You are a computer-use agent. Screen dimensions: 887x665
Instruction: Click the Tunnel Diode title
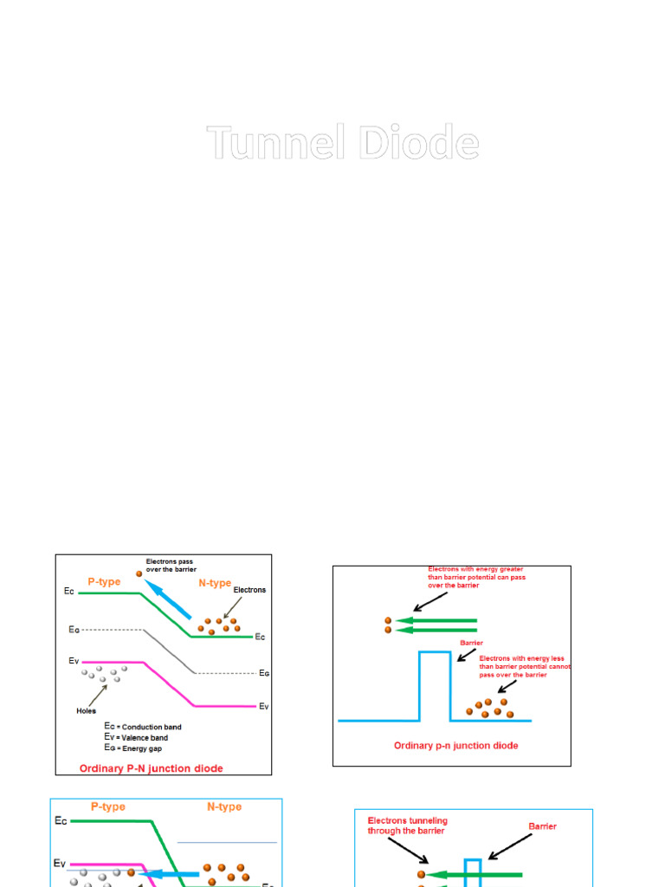tap(342, 143)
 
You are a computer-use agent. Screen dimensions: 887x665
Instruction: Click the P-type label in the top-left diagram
tap(104, 582)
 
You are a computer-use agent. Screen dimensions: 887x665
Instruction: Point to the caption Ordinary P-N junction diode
tap(151, 768)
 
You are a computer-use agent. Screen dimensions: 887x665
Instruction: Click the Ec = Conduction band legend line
tap(143, 727)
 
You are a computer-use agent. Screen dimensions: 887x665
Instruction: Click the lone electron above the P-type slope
tap(139, 573)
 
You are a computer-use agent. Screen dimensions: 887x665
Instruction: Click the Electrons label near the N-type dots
tap(249, 590)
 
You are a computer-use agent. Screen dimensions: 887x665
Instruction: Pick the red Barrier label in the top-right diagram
tap(471, 644)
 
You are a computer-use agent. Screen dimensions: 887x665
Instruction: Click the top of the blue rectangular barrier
tap(435, 652)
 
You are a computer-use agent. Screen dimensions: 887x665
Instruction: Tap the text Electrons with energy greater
tap(475, 569)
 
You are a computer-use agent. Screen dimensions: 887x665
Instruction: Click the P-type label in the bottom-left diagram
tap(108, 806)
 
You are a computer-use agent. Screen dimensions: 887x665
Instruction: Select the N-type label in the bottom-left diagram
tap(224, 806)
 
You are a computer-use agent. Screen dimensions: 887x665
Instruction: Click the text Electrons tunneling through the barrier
tap(407, 825)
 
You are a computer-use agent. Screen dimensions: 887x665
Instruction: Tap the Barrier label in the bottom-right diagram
tap(543, 826)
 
